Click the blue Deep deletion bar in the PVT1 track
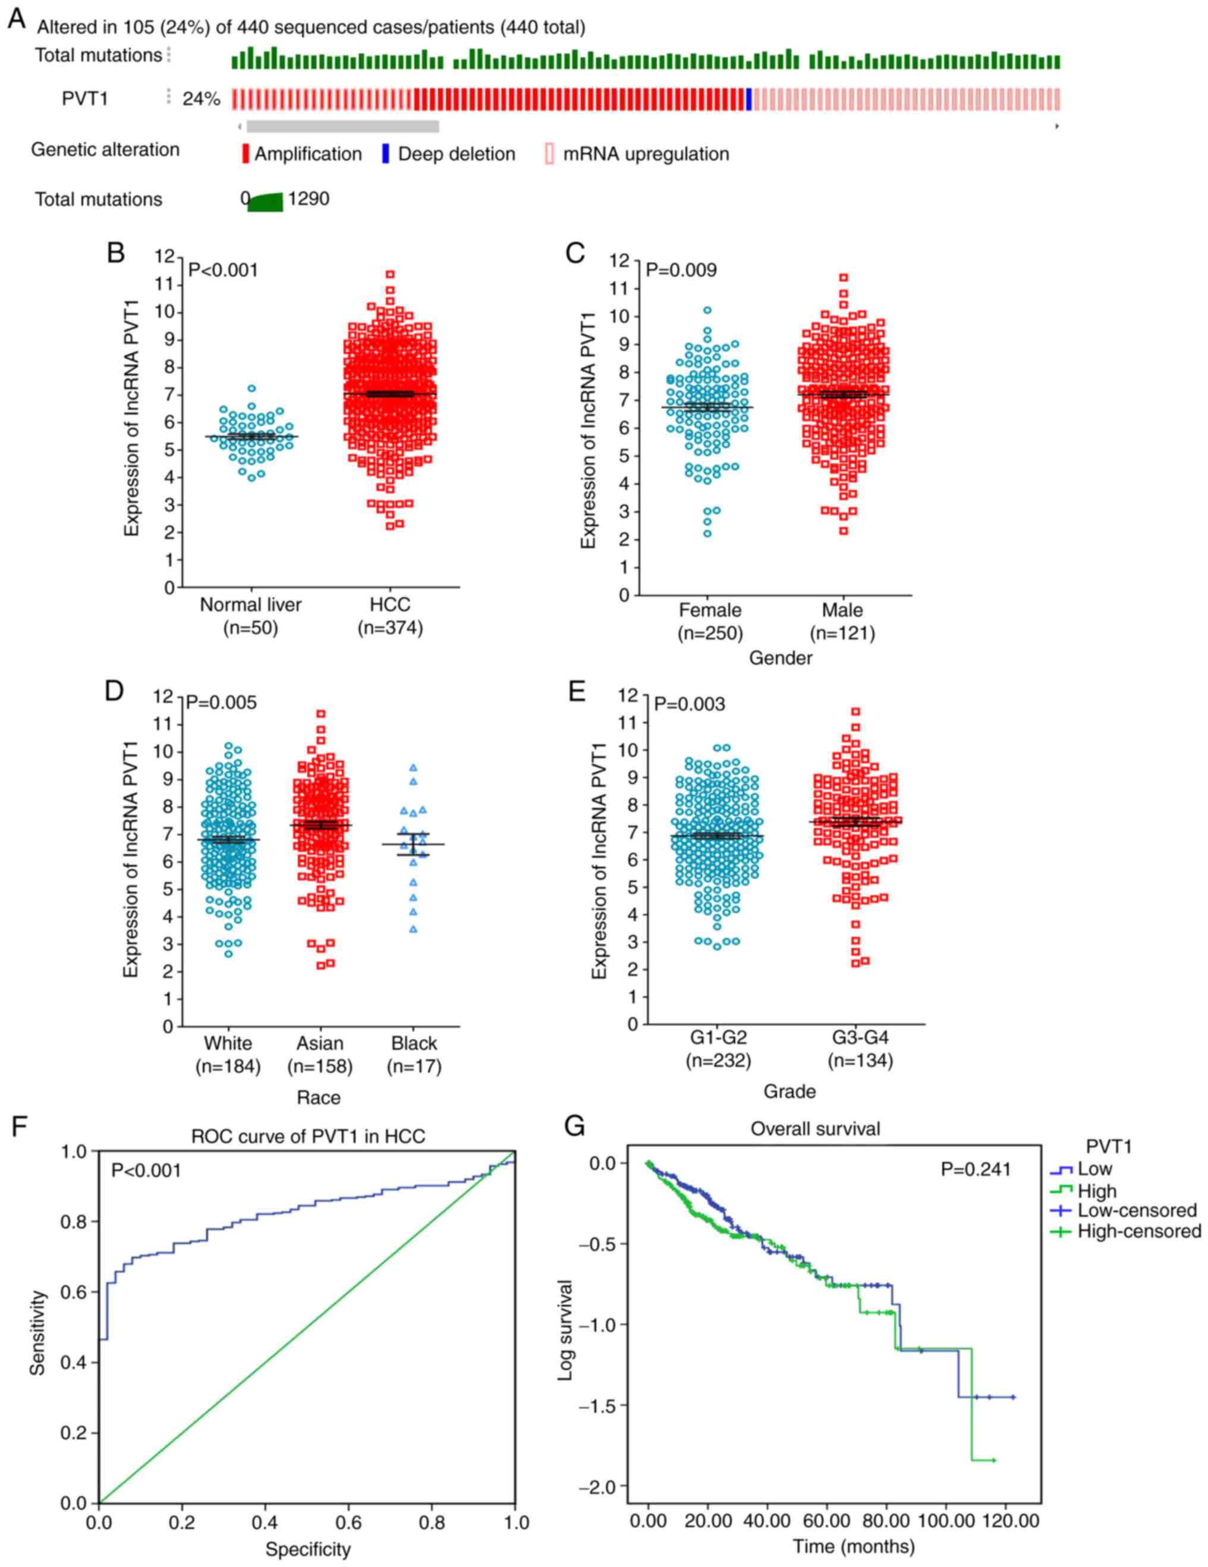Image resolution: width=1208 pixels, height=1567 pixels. click(x=749, y=99)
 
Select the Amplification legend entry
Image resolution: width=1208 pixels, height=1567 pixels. click(x=301, y=154)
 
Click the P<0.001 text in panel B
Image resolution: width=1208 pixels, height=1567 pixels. click(x=223, y=270)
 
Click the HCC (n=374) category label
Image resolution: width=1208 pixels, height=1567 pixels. click(x=390, y=616)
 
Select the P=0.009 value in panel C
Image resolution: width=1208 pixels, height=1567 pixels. click(x=681, y=270)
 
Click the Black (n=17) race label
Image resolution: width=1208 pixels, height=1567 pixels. click(x=414, y=1055)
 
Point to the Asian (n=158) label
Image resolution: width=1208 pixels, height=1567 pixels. click(x=320, y=1055)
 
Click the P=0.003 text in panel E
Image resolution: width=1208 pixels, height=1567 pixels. click(x=690, y=704)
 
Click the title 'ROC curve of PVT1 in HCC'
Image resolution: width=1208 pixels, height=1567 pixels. click(x=308, y=1137)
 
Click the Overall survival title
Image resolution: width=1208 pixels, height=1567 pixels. click(x=815, y=1129)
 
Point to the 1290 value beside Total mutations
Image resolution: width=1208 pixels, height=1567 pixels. click(x=309, y=199)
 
